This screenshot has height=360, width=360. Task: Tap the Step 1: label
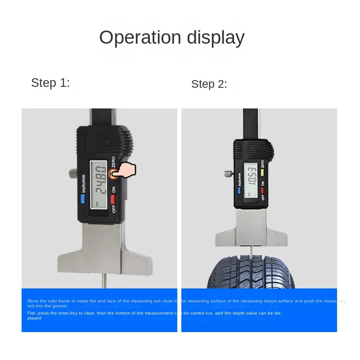pyautogui.click(x=50, y=83)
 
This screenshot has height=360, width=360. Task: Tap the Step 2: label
pyautogui.click(x=209, y=84)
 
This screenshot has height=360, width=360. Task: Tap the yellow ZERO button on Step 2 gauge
pyautogui.click(x=263, y=171)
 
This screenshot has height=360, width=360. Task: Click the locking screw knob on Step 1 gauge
pyautogui.click(x=72, y=173)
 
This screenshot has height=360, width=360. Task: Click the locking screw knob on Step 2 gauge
pyautogui.click(x=228, y=173)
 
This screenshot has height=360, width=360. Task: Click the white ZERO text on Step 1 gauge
pyautogui.click(x=114, y=162)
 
